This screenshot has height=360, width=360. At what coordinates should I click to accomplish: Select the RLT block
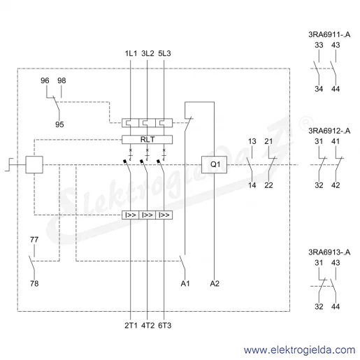click(147, 139)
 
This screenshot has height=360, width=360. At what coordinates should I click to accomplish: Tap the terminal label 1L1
click(131, 53)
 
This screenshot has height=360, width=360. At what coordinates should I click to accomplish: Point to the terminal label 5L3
click(164, 53)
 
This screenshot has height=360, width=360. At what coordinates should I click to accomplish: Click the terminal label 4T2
click(147, 325)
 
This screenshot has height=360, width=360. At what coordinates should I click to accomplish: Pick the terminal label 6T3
click(164, 325)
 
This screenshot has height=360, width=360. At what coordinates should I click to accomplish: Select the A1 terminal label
click(185, 284)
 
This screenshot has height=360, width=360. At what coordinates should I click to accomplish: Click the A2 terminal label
click(215, 284)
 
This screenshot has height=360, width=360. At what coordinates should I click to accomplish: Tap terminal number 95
click(59, 124)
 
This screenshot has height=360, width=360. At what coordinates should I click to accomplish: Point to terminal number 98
click(62, 80)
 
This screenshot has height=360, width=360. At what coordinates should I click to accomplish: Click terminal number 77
click(34, 240)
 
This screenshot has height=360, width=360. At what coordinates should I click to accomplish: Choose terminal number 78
click(34, 283)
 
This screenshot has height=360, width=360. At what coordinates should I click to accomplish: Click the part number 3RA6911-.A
click(329, 34)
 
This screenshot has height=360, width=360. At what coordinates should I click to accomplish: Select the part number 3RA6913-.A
click(329, 252)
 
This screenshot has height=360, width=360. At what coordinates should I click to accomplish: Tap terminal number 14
click(252, 185)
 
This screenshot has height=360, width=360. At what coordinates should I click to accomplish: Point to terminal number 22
click(268, 185)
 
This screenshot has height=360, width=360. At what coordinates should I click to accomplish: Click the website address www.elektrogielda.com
click(299, 350)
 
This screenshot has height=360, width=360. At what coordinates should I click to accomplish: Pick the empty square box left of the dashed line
click(34, 164)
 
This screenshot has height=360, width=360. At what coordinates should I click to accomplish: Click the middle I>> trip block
click(147, 215)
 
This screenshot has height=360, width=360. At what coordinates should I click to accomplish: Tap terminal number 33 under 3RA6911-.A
click(319, 45)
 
